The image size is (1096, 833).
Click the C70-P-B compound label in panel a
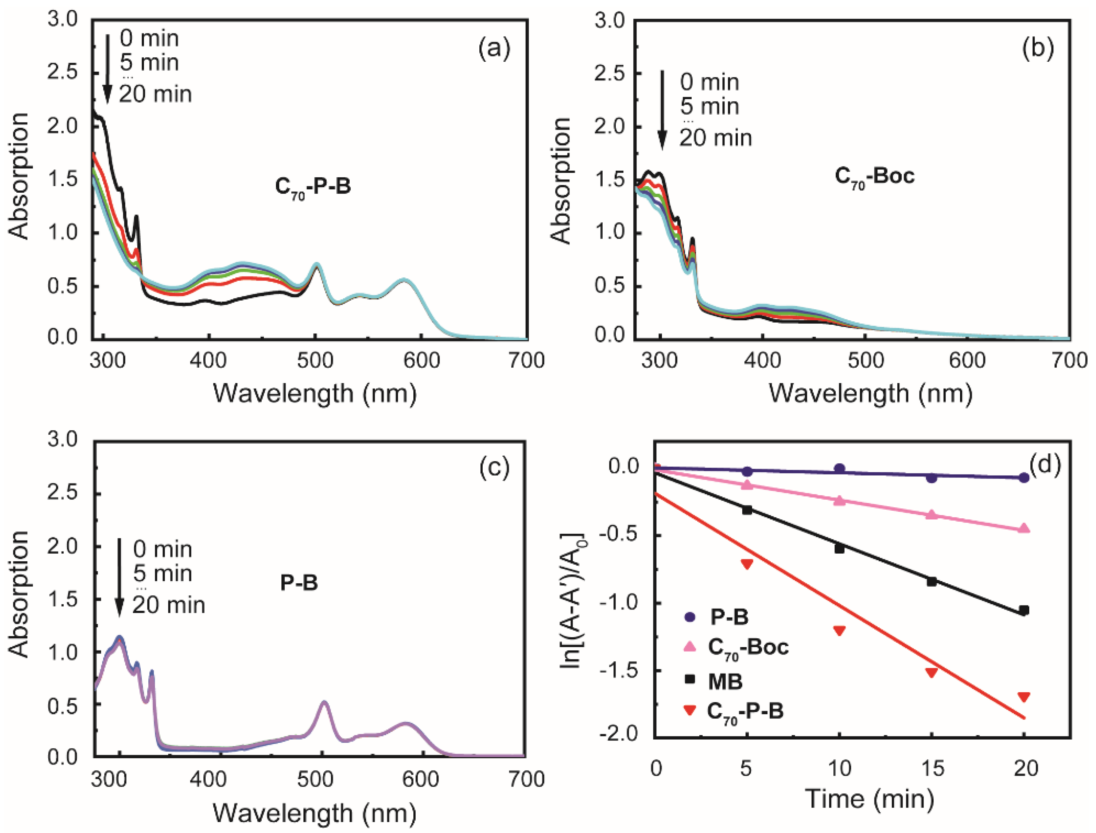pyautogui.click(x=313, y=187)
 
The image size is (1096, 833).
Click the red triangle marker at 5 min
pyautogui.click(x=747, y=564)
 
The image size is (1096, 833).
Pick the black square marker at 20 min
pyautogui.click(x=1024, y=611)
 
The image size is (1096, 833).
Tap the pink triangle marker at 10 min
pyautogui.click(x=839, y=500)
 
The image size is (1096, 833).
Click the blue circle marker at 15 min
pyautogui.click(x=932, y=478)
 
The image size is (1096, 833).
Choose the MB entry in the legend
pyautogui.click(x=725, y=682)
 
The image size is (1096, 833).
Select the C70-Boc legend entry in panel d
pyautogui.click(x=748, y=648)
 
